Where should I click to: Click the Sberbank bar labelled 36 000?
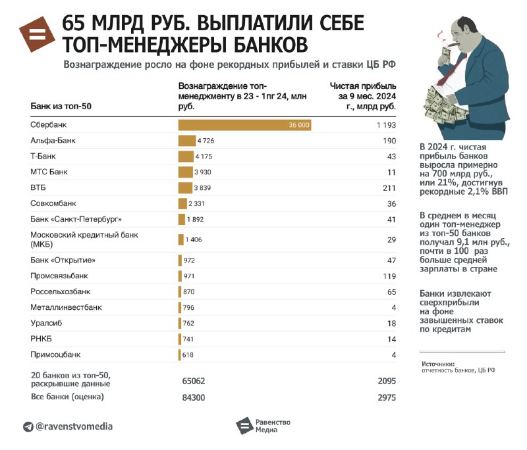(244, 125)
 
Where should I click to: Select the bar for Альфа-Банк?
(187, 141)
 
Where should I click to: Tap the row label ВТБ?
(38, 187)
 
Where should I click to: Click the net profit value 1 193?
(386, 125)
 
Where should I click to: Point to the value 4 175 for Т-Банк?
(204, 157)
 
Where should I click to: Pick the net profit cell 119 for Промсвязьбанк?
(389, 276)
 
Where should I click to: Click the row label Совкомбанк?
(53, 203)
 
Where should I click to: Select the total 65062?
(194, 381)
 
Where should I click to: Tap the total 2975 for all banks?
(387, 397)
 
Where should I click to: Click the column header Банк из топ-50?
(61, 107)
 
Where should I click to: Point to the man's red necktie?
(451, 70)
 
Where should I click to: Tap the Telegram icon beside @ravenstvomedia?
(28, 427)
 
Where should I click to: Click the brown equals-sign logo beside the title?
(37, 34)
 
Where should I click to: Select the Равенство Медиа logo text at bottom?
(273, 426)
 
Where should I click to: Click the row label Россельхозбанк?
(60, 291)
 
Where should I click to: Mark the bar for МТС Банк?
(186, 172)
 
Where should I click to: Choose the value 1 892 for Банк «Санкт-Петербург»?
(195, 220)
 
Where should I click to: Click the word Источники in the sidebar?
(438, 364)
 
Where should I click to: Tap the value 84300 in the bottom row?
(194, 397)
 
